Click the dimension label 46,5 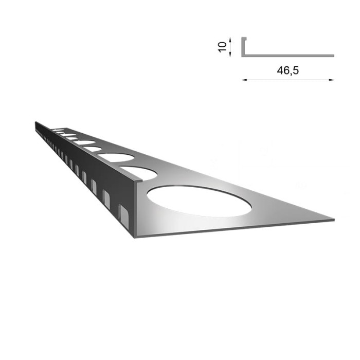pos(288,71)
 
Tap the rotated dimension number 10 pos(222,46)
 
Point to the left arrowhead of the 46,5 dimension pos(243,80)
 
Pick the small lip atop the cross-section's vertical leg pos(244,38)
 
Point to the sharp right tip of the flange pos(333,220)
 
